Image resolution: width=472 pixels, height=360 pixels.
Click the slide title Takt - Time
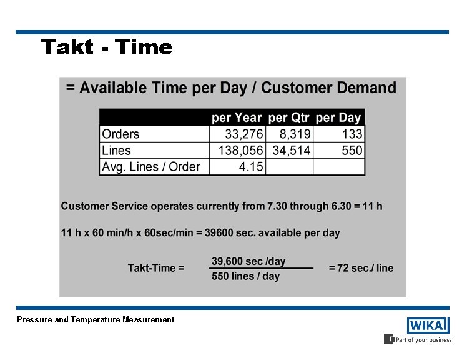106,47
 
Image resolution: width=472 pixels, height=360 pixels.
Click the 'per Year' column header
237,117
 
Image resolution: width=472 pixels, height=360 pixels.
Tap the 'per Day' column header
338,117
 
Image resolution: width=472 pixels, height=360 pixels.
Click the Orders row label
120,134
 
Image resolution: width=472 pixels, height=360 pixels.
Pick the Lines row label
116,150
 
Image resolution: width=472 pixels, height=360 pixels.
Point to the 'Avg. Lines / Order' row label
150,166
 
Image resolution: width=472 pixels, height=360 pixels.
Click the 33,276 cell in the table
244,134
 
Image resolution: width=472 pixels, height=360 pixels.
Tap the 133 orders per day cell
352,134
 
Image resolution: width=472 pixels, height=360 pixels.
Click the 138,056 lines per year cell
240,150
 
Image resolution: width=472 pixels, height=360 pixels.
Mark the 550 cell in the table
352,150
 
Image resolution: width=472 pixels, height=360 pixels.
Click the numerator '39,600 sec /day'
248,261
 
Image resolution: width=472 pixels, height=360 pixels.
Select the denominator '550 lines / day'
246,276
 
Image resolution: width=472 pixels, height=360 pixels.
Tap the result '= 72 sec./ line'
361,268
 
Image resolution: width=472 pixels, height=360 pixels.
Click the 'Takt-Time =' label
156,268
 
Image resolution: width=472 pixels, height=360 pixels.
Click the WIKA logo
428,325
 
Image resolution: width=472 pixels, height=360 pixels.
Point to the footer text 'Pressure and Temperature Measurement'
96,319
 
